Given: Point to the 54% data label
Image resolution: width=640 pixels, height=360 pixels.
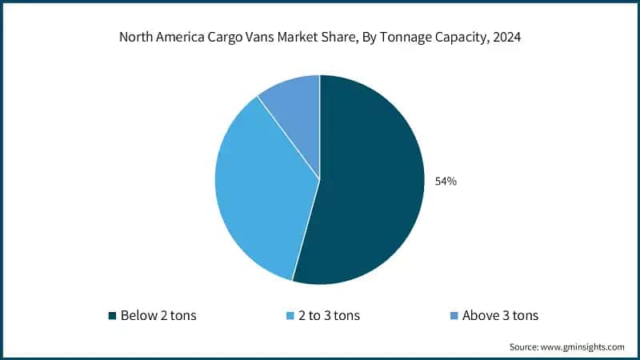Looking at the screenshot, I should point(446,182).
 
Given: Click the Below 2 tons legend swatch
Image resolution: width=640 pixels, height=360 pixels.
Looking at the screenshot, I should point(113,315).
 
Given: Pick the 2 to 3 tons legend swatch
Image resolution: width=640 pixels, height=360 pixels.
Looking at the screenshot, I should point(290,315).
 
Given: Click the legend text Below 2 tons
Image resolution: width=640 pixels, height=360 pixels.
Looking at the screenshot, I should point(158,315).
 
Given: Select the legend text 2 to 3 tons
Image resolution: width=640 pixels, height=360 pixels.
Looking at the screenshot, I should point(329,315).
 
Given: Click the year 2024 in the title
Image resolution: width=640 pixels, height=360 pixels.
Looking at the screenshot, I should point(507,38).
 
